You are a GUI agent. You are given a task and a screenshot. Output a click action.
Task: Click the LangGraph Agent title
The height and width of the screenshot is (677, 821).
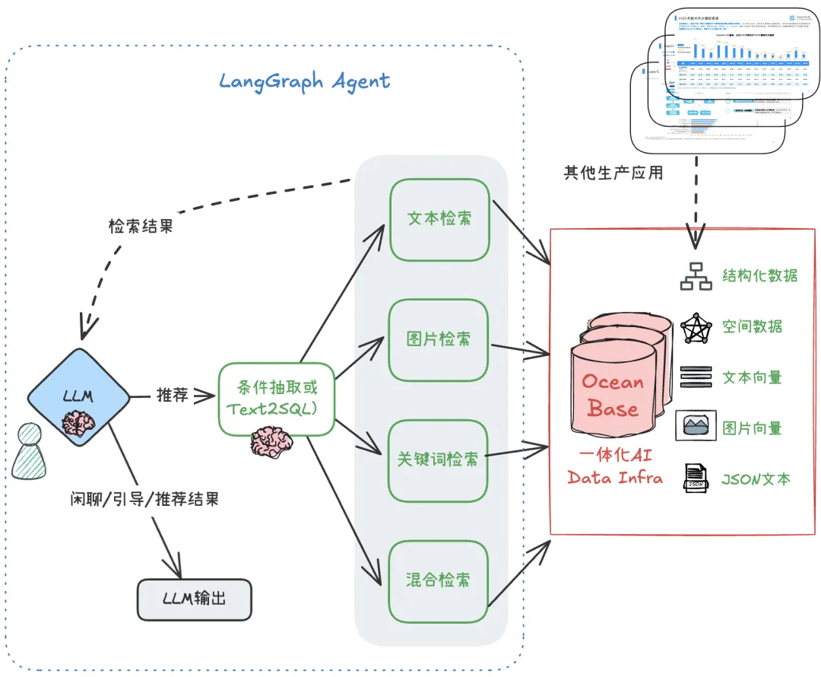pyautogui.click(x=305, y=81)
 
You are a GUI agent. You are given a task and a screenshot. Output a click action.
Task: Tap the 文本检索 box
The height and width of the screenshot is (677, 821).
pyautogui.click(x=439, y=218)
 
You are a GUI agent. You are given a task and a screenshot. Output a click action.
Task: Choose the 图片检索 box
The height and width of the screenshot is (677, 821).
pyautogui.click(x=439, y=339)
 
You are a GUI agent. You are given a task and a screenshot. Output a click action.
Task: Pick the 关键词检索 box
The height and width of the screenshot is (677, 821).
pyautogui.click(x=439, y=459)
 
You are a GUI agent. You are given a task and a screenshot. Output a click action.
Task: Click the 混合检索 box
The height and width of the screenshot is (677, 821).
pyautogui.click(x=439, y=580)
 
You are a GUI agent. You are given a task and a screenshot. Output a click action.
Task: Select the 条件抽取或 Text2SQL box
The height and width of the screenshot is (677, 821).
pyautogui.click(x=277, y=399)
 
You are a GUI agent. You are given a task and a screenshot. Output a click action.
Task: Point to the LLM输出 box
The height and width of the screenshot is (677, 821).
pyautogui.click(x=195, y=599)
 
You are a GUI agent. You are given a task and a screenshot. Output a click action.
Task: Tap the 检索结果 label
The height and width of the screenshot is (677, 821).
pyautogui.click(x=141, y=226)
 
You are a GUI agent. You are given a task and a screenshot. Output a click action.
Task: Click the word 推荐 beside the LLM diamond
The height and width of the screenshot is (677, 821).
pyautogui.click(x=172, y=396)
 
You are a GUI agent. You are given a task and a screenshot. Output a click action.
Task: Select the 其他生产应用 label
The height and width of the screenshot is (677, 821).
pyautogui.click(x=613, y=173)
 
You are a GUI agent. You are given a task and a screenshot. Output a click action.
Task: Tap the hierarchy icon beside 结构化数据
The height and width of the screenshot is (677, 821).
pyautogui.click(x=695, y=277)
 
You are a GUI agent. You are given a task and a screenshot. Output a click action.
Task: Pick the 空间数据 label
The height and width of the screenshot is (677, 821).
pyautogui.click(x=752, y=327)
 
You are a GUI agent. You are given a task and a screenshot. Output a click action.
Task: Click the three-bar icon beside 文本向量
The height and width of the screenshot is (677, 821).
pyautogui.click(x=696, y=377)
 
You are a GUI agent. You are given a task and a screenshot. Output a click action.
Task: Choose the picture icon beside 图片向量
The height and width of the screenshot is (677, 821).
pyautogui.click(x=696, y=426)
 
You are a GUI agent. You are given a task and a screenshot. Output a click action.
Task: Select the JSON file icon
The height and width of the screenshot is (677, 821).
pyautogui.click(x=695, y=478)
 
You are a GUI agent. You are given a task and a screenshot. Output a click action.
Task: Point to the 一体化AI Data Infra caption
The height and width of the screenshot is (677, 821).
pyautogui.click(x=614, y=467)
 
